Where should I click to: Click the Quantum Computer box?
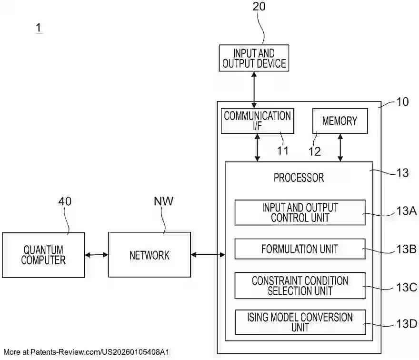(43, 255)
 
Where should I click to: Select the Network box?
(149, 255)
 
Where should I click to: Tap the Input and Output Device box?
(254, 58)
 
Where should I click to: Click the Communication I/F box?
(258, 121)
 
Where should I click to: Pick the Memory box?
(339, 121)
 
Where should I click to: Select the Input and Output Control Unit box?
(299, 212)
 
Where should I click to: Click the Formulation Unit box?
(299, 249)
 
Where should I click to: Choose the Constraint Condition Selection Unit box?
(299, 286)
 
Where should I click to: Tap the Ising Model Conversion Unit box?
(299, 322)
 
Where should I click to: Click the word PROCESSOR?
(299, 178)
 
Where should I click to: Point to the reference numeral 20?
(259, 7)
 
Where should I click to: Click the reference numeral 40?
(65, 201)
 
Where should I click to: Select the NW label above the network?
(163, 201)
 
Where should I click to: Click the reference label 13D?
(406, 324)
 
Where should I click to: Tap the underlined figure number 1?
(38, 28)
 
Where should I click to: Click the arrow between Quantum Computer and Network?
(96, 255)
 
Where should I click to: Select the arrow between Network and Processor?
(208, 255)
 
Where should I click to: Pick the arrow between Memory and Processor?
(340, 148)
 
